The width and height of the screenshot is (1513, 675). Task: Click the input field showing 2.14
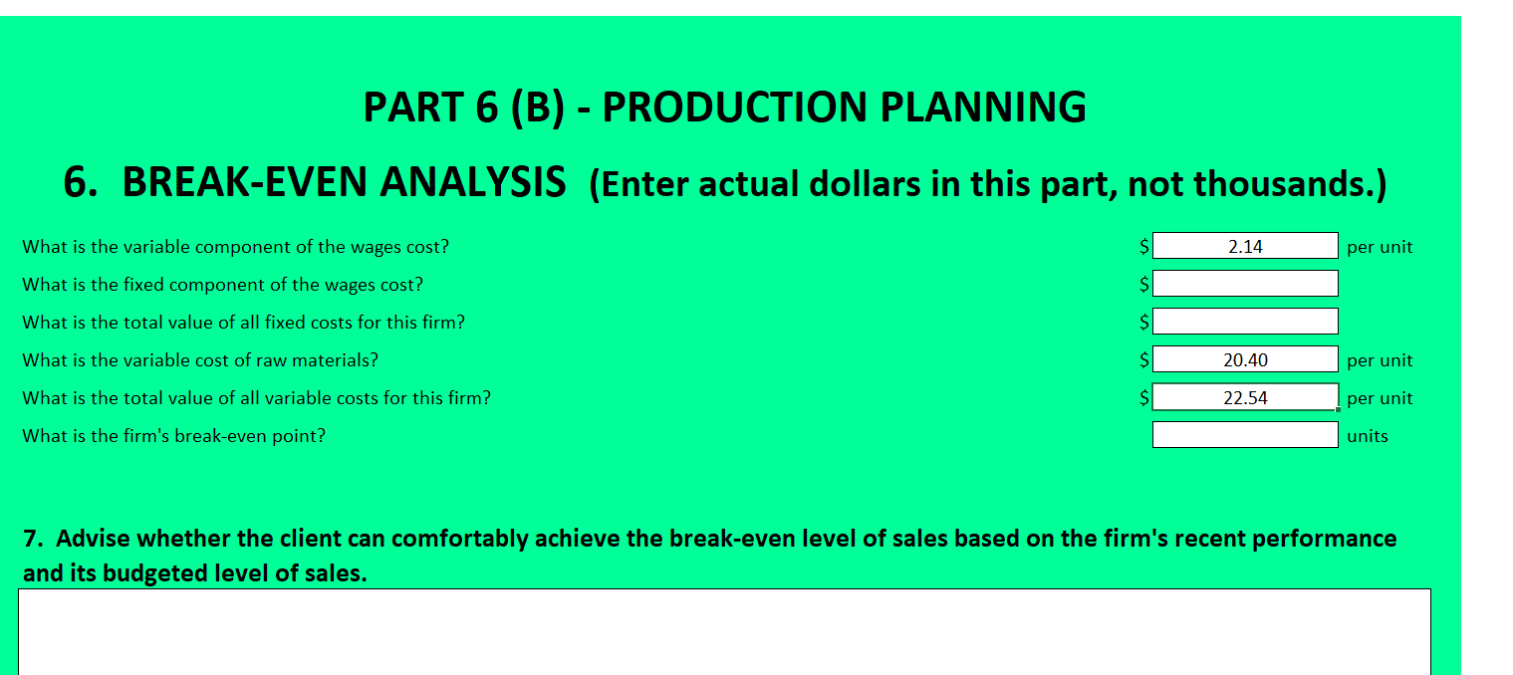pos(1245,246)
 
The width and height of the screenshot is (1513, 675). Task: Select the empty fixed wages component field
pos(1245,284)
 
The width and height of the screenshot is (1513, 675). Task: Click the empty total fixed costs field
pos(1245,322)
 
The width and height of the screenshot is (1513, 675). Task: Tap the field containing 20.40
pos(1245,359)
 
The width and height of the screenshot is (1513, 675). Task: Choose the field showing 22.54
pos(1245,397)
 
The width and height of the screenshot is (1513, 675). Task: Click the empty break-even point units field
pos(1245,435)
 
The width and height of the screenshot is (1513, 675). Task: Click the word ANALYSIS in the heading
pos(481,183)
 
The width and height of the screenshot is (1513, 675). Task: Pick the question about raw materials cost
pos(200,360)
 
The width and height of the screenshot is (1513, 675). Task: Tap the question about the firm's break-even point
pos(173,436)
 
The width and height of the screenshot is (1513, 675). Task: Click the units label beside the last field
pos(1367,436)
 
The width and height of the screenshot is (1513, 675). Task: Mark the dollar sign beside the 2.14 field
pos(1144,246)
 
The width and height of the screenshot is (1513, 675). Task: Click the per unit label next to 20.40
pos(1379,360)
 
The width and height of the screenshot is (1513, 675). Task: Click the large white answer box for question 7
pos(724,631)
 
